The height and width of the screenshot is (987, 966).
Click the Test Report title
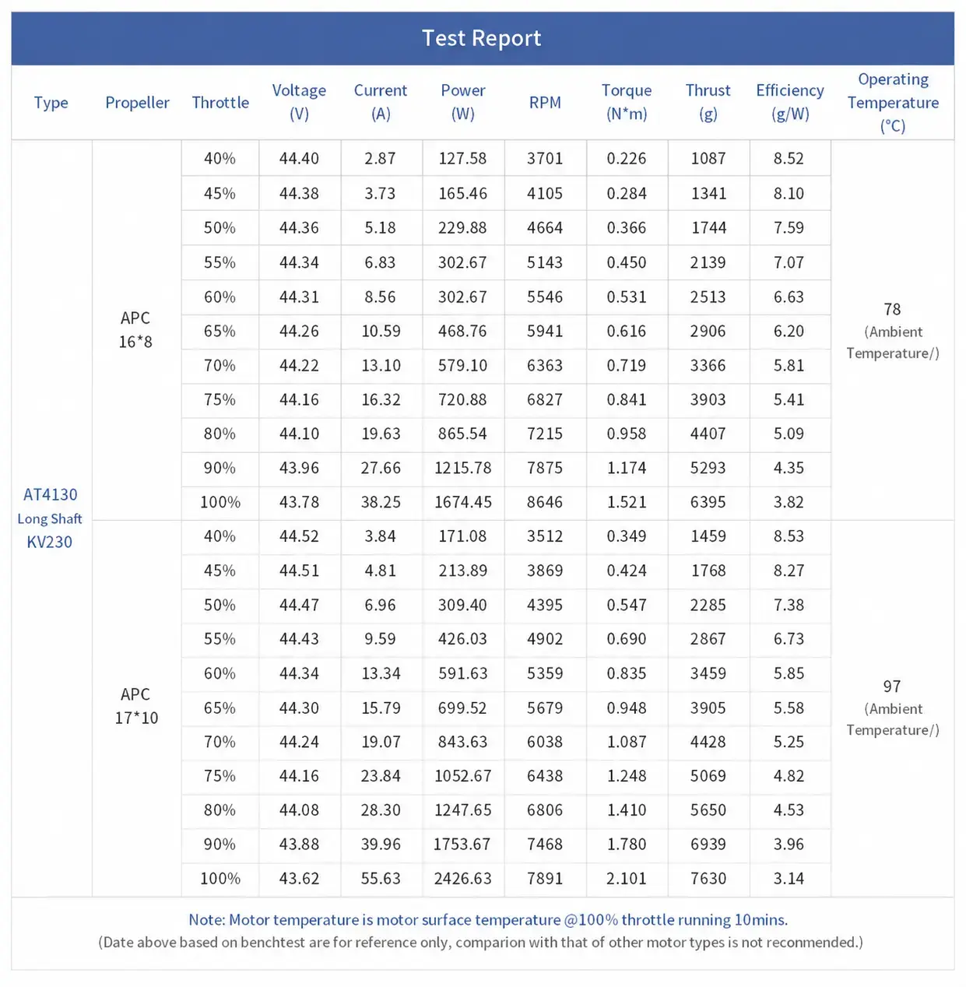(481, 38)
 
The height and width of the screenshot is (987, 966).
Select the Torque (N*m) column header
(627, 102)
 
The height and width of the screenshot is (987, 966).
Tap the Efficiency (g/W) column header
(790, 102)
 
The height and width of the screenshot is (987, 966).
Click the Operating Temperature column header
(893, 103)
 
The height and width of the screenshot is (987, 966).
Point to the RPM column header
(545, 103)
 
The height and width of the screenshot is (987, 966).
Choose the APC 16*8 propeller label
(135, 330)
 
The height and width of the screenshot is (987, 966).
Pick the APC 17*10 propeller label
(136, 706)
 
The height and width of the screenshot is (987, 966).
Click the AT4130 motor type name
(50, 495)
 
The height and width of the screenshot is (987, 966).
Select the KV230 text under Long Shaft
(50, 542)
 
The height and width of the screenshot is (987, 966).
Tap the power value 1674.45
(463, 502)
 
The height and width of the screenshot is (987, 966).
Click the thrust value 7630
(708, 879)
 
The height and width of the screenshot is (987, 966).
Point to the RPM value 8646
(545, 502)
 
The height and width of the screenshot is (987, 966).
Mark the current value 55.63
(381, 879)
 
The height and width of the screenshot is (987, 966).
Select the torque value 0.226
(627, 158)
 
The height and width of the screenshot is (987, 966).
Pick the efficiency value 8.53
(789, 536)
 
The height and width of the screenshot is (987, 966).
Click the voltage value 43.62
(299, 879)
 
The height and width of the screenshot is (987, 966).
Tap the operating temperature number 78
(892, 309)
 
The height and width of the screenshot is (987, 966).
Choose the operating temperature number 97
(892, 687)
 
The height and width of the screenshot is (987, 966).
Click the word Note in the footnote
(206, 920)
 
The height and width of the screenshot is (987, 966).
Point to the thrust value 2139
(708, 262)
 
